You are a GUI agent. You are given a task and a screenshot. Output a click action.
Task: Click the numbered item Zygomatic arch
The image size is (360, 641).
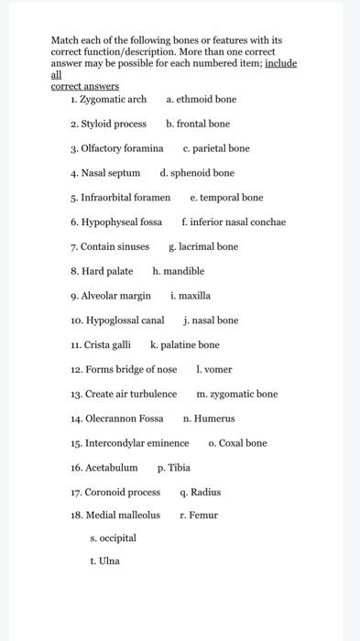[x=108, y=99]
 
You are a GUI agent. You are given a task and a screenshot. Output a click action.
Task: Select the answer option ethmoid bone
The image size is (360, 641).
[x=202, y=99]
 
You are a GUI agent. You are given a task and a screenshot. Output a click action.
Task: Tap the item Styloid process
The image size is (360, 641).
[x=108, y=124]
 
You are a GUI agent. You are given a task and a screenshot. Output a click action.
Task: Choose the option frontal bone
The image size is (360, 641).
[x=198, y=124]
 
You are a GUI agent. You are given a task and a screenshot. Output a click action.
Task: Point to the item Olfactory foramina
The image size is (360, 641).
[x=116, y=148]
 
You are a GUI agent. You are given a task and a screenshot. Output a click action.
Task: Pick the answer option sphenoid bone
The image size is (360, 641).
[x=197, y=172]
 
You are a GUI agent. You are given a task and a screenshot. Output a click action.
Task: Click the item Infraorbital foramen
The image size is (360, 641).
[x=120, y=197]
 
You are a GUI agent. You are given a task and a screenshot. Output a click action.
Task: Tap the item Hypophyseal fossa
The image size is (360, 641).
[x=116, y=222]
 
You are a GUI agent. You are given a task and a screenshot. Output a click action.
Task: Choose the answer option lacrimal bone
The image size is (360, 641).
[x=203, y=246]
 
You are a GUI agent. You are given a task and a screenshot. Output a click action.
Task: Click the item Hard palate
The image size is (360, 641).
[x=102, y=271]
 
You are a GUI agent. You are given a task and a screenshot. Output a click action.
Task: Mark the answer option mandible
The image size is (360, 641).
[x=179, y=271]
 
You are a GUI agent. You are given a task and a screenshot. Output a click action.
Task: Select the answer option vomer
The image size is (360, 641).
[x=214, y=369]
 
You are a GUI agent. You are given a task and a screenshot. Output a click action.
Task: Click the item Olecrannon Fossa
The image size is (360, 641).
[x=116, y=418]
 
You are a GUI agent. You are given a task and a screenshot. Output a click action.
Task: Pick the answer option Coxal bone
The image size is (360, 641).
[x=237, y=443]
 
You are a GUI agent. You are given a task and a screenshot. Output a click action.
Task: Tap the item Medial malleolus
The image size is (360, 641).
[x=115, y=515]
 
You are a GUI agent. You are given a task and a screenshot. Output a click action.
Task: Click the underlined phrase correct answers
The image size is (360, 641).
[x=84, y=86]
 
